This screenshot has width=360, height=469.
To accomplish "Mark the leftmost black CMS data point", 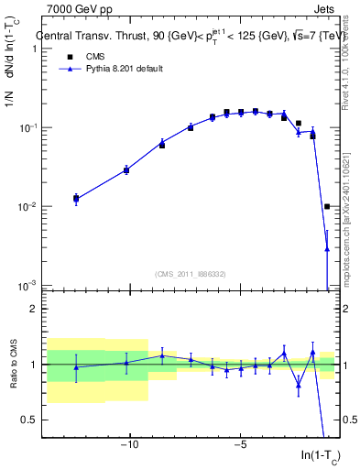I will pyautogui.click(x=76, y=198).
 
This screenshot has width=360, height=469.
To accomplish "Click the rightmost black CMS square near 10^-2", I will pyautogui.click(x=327, y=207).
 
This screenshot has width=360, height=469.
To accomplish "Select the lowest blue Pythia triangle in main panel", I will pyautogui.click(x=327, y=248).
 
